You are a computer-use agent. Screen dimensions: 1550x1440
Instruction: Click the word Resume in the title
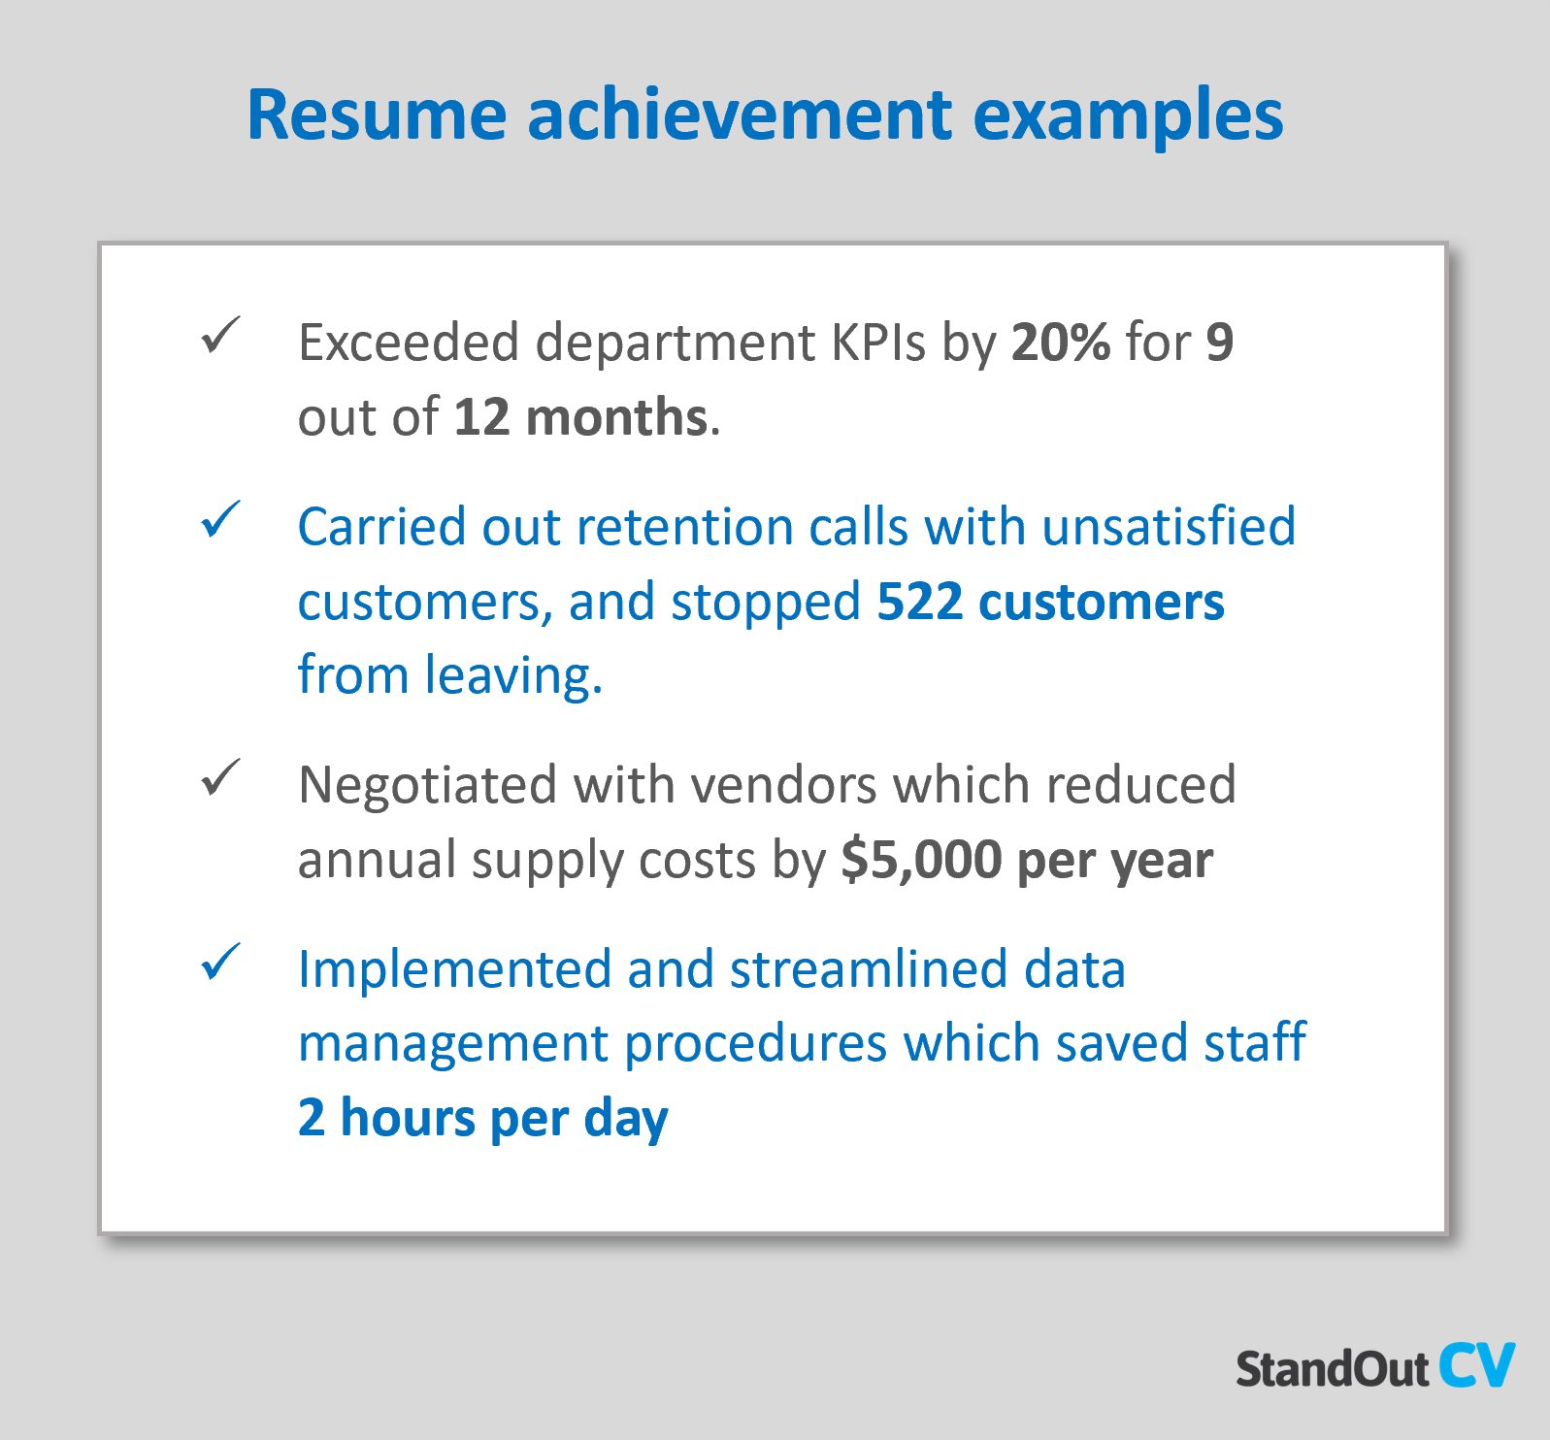point(377,115)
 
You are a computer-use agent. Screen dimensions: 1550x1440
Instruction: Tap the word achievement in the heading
point(741,115)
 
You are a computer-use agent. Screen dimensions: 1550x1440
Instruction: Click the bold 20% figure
point(1060,342)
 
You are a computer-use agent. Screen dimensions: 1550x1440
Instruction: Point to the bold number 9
point(1219,342)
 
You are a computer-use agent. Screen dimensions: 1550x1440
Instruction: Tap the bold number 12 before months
point(481,416)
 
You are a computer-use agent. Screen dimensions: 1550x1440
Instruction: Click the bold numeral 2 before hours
point(311,1118)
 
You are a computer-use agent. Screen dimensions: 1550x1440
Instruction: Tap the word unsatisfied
point(1169,527)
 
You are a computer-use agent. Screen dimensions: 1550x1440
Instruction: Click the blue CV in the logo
point(1476,1365)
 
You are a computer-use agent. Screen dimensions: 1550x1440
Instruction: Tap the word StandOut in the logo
point(1332,1369)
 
